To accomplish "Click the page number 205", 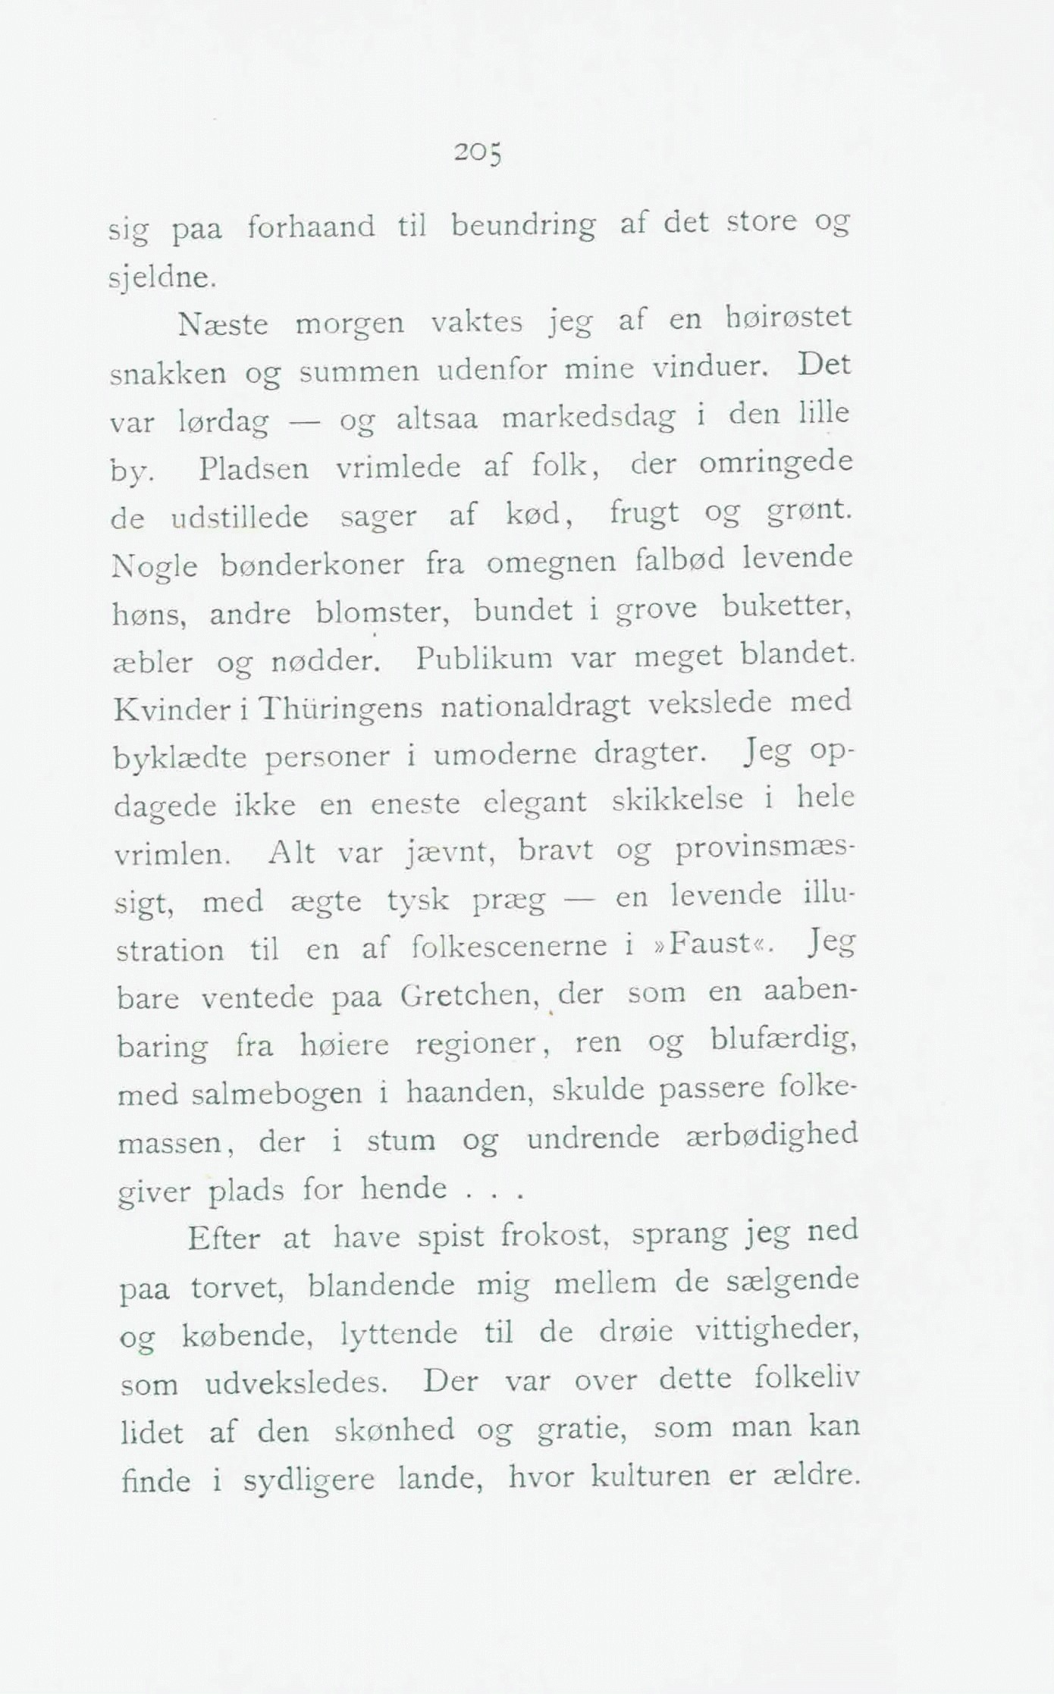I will pyautogui.click(x=478, y=154).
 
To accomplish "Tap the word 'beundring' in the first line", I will pyautogui.click(x=523, y=227).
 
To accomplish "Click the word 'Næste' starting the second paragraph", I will pyautogui.click(x=223, y=325).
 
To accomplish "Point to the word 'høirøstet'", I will pyautogui.click(x=789, y=316).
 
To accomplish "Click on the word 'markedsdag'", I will pyautogui.click(x=588, y=418).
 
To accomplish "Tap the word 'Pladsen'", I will pyautogui.click(x=254, y=469).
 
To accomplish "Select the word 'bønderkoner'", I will pyautogui.click(x=312, y=565).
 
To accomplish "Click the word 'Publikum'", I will pyautogui.click(x=485, y=656).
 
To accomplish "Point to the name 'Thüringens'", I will pyautogui.click(x=340, y=708).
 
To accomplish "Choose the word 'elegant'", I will pyautogui.click(x=535, y=802).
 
